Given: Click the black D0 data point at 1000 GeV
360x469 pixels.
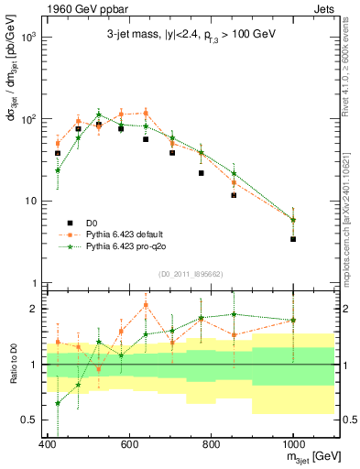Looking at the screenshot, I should click(x=293, y=238).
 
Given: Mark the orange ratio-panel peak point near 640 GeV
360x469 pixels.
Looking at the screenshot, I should click(x=146, y=305).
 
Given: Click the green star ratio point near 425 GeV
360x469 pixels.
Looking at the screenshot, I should click(x=58, y=403).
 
